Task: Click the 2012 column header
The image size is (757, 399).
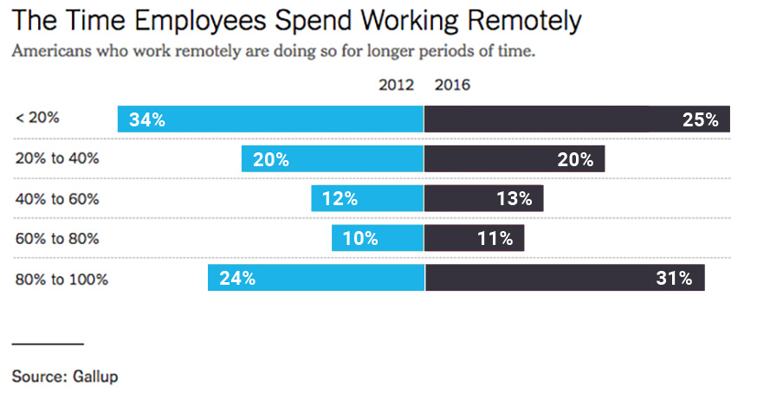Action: pos(397,85)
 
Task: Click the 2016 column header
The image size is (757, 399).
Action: pos(452,85)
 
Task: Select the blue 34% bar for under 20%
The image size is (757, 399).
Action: pos(270,119)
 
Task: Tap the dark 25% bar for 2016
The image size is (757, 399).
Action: pos(577,119)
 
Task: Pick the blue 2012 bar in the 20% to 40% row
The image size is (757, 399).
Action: pos(333,158)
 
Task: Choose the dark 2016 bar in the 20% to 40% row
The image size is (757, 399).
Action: pos(514,158)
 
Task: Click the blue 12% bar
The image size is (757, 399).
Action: pos(367,198)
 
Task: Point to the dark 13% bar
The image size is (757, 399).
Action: pos(484,198)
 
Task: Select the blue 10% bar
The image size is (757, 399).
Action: pos(378,238)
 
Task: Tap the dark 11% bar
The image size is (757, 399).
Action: pos(475,238)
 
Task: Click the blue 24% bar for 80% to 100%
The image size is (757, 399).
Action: pos(315,278)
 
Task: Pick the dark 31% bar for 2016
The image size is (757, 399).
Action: pos(565,278)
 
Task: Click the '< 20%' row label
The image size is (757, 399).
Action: pos(37,118)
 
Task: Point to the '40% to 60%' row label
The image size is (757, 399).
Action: pos(57,198)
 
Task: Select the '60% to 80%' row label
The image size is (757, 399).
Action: pos(57,238)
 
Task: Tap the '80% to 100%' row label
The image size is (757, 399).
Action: pos(61,279)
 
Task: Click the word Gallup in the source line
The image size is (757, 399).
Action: pos(94,376)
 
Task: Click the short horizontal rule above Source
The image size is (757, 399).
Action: pos(48,344)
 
